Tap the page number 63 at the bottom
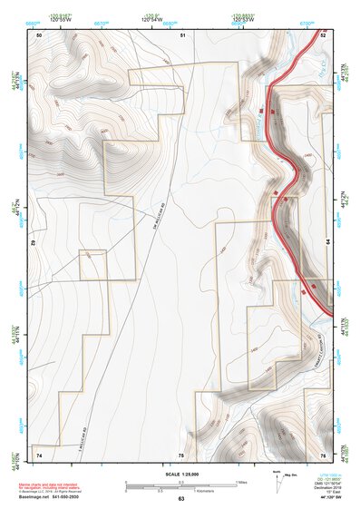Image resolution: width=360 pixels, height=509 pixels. [x=180, y=499]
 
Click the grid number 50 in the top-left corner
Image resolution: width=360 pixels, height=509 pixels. [x=39, y=34]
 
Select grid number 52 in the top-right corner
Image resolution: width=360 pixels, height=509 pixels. [x=323, y=34]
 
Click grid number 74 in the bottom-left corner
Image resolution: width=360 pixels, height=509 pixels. [x=39, y=454]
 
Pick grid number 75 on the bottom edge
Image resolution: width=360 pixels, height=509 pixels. [x=181, y=454]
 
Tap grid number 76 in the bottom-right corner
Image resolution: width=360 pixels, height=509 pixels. [x=323, y=454]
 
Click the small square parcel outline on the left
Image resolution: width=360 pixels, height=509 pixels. [x=92, y=266]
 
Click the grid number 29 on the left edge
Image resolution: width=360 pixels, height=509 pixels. [x=34, y=243]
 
